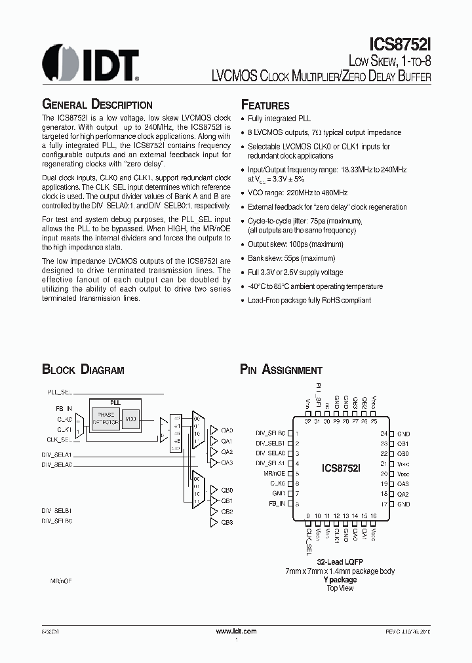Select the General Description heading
pos(97,105)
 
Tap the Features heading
pos(265,105)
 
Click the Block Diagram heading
pos(83,370)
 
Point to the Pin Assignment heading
pos(281,370)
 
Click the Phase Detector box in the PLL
pos(106,419)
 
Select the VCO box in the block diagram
pos(130,419)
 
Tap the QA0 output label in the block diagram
pos(227,430)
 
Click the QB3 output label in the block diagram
pos(227,522)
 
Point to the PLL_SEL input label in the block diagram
pos(59,391)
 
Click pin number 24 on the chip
pos(384,434)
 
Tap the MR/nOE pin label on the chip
pos(274,473)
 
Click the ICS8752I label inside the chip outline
pos(340,468)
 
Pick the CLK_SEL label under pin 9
pos(308,542)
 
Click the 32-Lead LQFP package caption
pos(340,562)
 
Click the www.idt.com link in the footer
pos(236,631)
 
